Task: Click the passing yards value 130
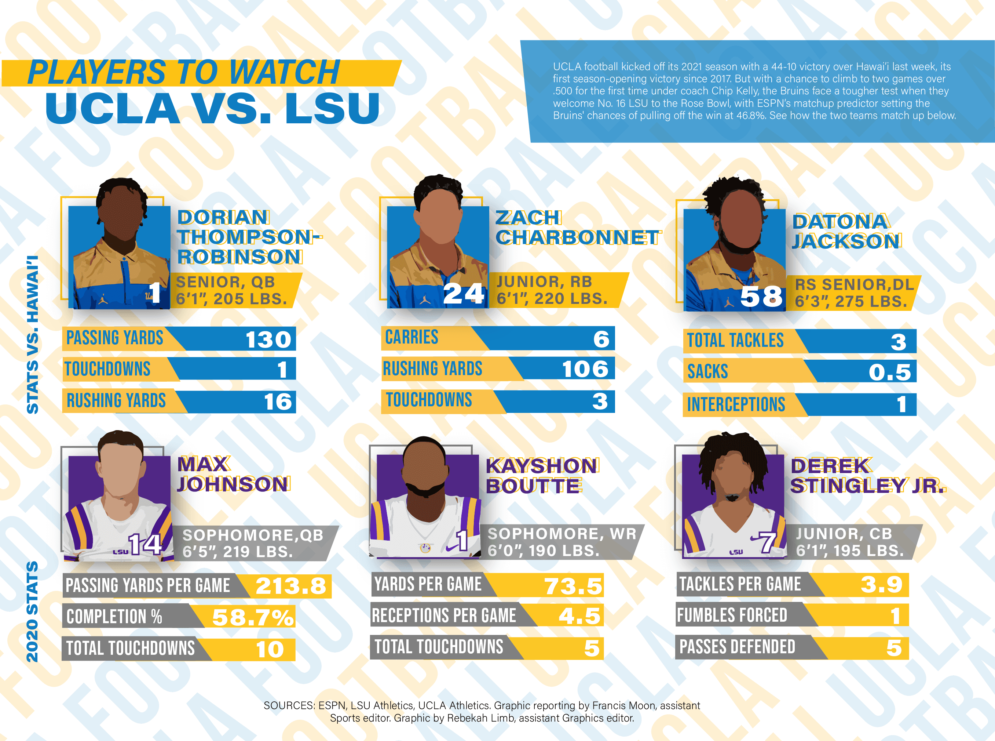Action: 268,339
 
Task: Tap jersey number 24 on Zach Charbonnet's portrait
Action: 464,294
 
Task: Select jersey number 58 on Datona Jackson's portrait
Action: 761,297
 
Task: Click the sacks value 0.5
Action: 890,372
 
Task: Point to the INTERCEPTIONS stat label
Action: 736,404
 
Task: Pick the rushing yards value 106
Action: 585,369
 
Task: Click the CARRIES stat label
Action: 411,337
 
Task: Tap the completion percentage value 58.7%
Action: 253,617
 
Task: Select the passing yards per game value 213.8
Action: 291,586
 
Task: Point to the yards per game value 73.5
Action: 573,586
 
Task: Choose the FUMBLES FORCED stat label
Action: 732,615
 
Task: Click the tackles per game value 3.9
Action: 881,584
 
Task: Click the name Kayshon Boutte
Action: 541,476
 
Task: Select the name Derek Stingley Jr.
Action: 867,476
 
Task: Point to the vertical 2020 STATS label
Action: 32,612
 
